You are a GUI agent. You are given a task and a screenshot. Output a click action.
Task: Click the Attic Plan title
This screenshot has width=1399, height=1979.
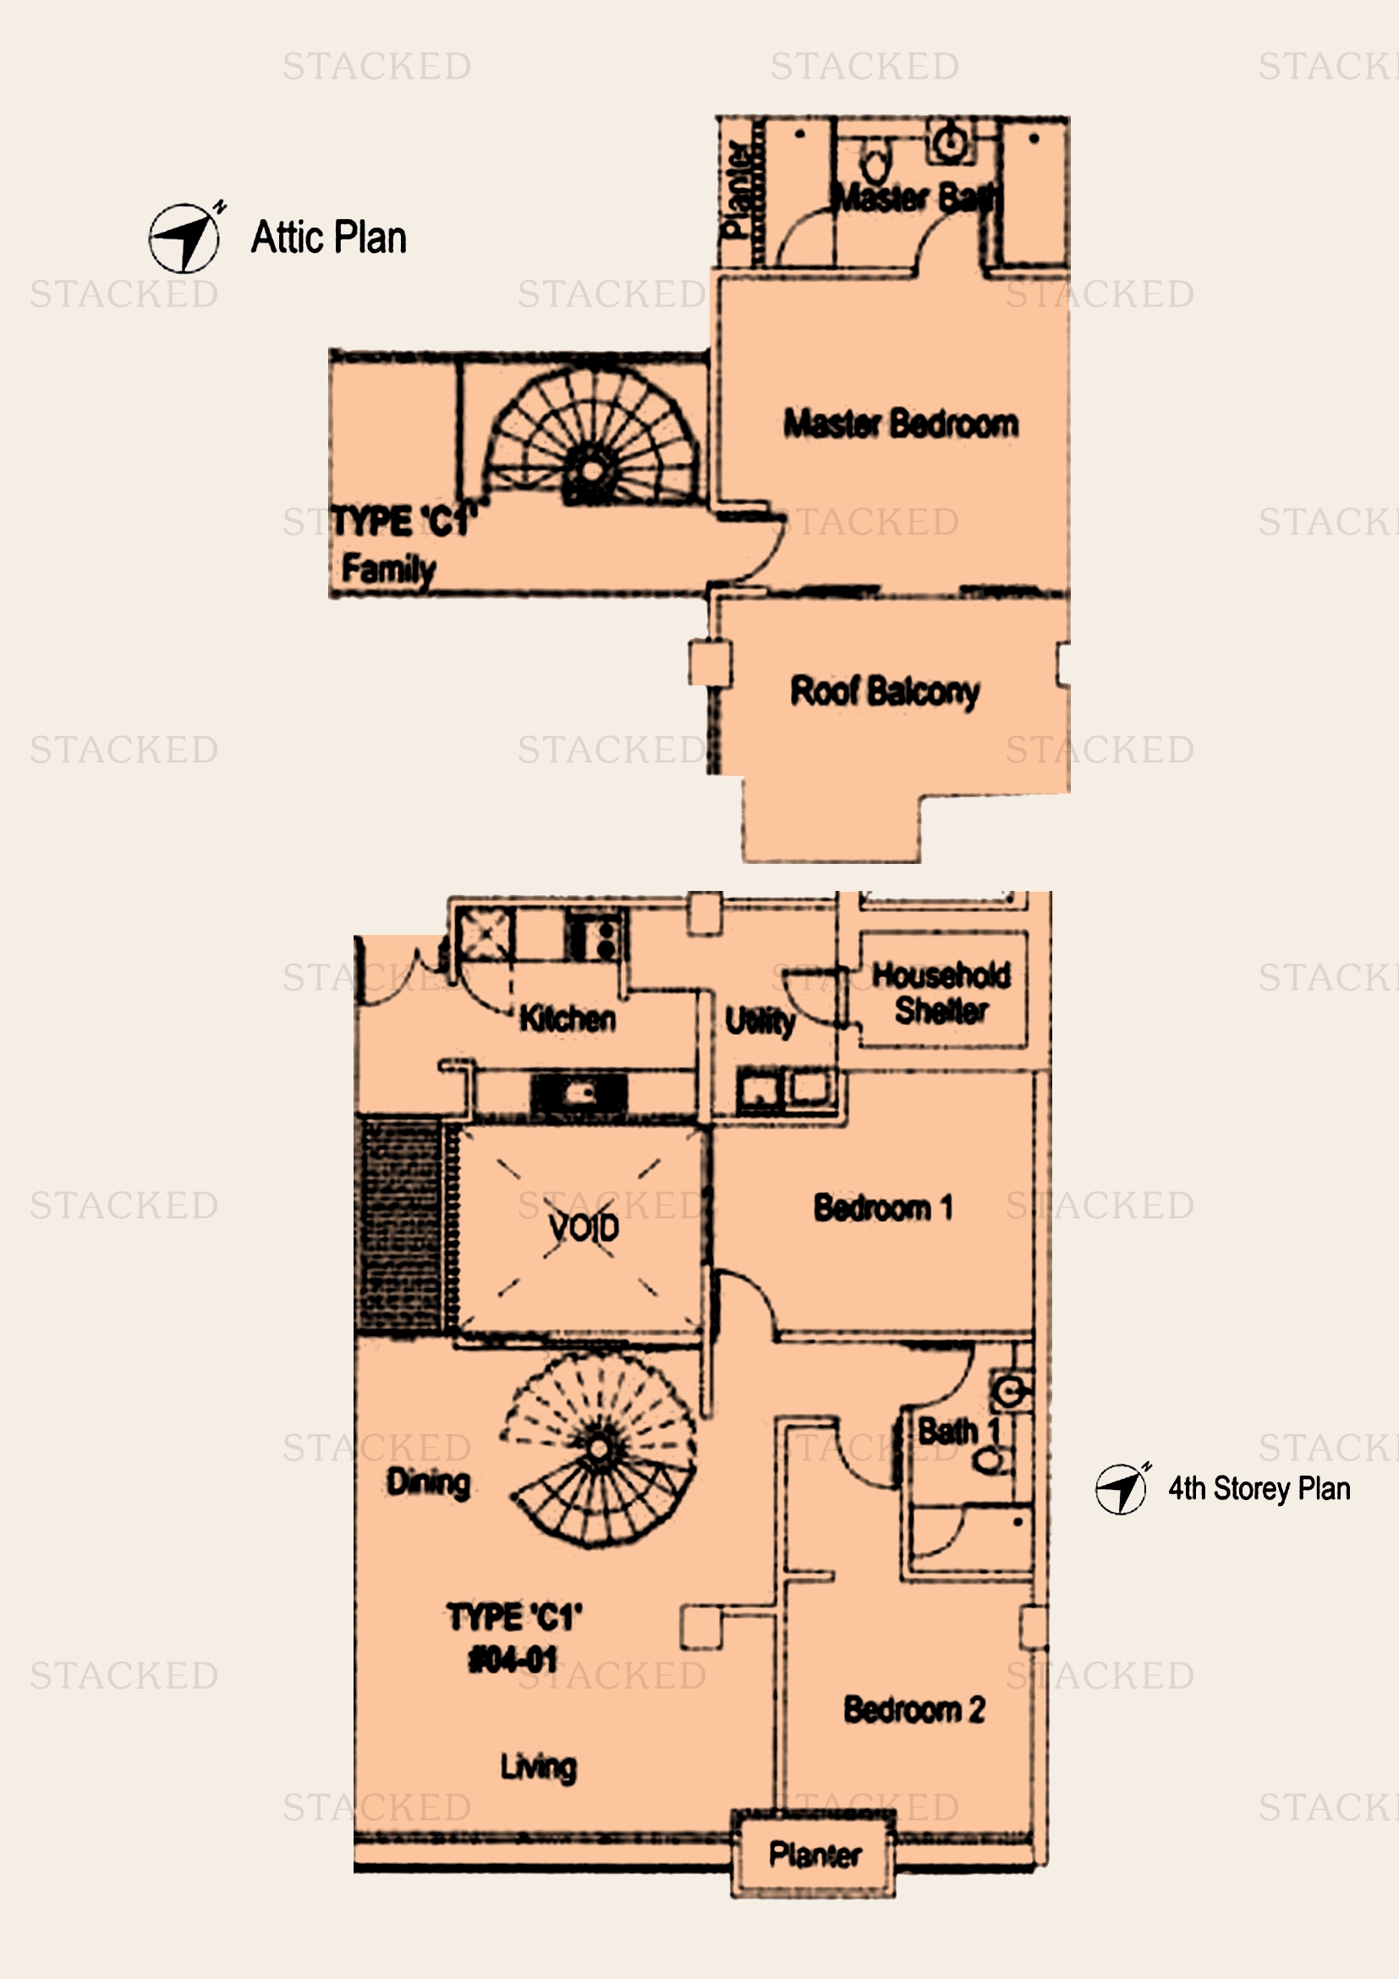(328, 238)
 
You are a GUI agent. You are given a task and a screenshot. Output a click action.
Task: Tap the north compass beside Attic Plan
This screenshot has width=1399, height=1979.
(184, 238)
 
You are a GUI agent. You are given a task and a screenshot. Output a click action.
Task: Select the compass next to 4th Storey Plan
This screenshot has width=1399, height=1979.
(1121, 1488)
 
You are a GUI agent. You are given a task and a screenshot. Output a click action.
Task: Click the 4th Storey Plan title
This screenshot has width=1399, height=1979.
(1259, 1488)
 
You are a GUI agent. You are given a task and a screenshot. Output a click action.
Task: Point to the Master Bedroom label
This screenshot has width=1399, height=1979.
(900, 424)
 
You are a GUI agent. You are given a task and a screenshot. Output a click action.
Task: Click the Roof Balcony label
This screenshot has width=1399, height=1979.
(885, 691)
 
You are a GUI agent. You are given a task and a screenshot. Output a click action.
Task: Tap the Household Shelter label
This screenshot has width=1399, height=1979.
(941, 993)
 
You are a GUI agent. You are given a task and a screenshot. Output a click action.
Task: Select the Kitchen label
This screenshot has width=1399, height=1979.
(567, 1019)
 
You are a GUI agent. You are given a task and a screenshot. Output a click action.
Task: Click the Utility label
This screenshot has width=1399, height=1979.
(759, 1021)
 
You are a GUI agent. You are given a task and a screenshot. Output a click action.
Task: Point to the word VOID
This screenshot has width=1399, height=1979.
(584, 1228)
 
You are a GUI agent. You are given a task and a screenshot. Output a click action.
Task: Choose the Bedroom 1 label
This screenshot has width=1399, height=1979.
(883, 1207)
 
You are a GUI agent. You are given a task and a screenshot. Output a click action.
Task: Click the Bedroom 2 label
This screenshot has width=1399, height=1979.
(914, 1709)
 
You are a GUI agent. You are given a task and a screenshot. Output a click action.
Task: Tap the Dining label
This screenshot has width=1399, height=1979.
(428, 1482)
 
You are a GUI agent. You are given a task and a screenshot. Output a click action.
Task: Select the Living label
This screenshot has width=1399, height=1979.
(539, 1767)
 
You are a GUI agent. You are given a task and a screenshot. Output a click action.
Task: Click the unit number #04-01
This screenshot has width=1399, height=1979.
(513, 1659)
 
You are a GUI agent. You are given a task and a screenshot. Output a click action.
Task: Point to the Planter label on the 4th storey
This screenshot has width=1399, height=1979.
(814, 1855)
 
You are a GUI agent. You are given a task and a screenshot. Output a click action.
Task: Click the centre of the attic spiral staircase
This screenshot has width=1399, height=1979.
(591, 470)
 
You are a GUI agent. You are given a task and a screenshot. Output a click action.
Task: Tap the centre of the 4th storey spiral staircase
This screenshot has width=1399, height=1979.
(598, 1449)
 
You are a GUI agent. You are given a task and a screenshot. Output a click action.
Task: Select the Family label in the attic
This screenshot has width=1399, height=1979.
(387, 569)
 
